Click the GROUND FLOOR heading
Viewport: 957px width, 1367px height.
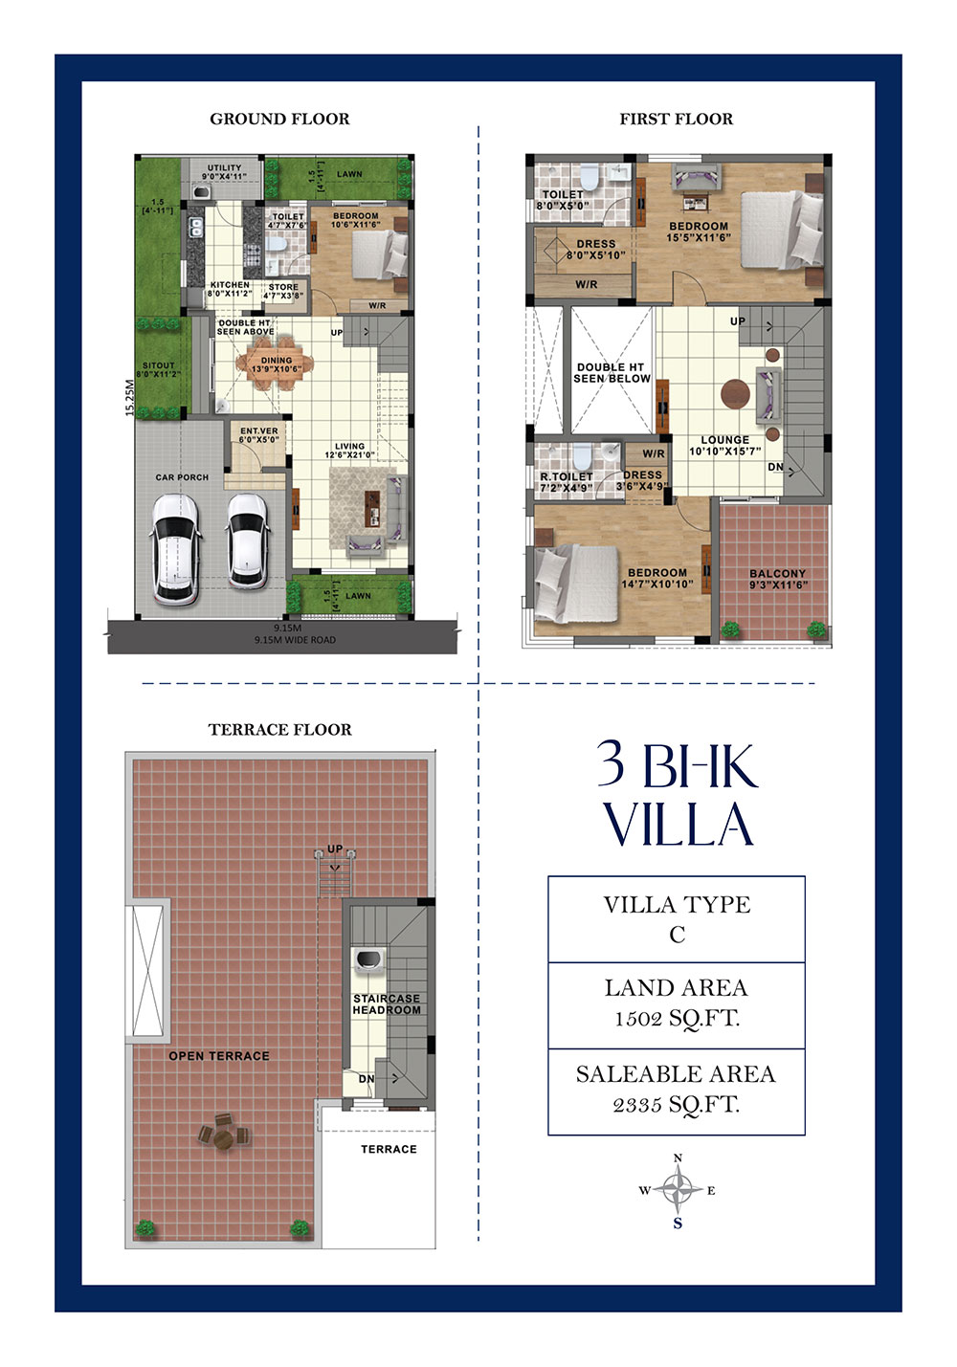pyautogui.click(x=279, y=119)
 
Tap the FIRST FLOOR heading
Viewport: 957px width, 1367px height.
pyautogui.click(x=676, y=119)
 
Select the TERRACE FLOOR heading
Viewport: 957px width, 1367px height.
pyautogui.click(x=279, y=729)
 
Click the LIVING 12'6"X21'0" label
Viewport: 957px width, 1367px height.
pyautogui.click(x=349, y=451)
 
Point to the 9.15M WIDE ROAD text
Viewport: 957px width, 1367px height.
pyautogui.click(x=295, y=640)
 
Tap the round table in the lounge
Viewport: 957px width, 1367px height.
pyautogui.click(x=736, y=394)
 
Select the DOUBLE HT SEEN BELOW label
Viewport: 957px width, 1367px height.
pyautogui.click(x=612, y=372)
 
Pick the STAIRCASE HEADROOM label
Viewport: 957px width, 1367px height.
pyautogui.click(x=387, y=1003)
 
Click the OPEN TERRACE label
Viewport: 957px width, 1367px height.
pyautogui.click(x=219, y=1056)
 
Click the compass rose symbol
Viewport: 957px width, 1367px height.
pyautogui.click(x=678, y=1191)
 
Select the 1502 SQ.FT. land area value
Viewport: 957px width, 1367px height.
pyautogui.click(x=676, y=1019)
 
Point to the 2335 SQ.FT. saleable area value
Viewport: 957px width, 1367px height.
pyautogui.click(x=676, y=1105)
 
